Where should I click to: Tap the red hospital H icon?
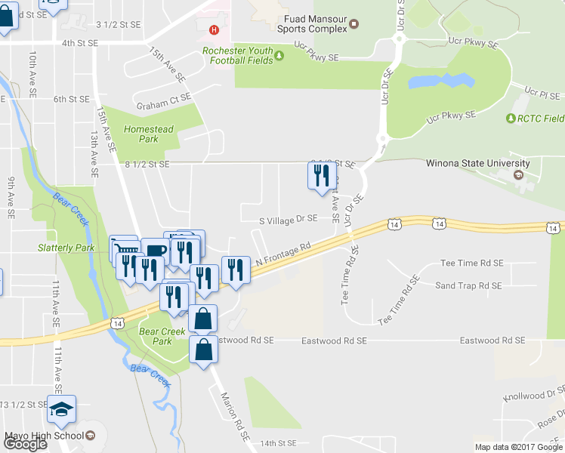[x=215, y=30]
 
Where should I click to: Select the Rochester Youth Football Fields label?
[x=236, y=57]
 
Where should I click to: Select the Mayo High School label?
[x=44, y=436]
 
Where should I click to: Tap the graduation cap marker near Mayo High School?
[x=61, y=409]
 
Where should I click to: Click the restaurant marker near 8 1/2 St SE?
[x=322, y=176]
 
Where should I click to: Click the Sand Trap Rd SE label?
[x=468, y=285]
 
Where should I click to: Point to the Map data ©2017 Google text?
[x=517, y=447]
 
